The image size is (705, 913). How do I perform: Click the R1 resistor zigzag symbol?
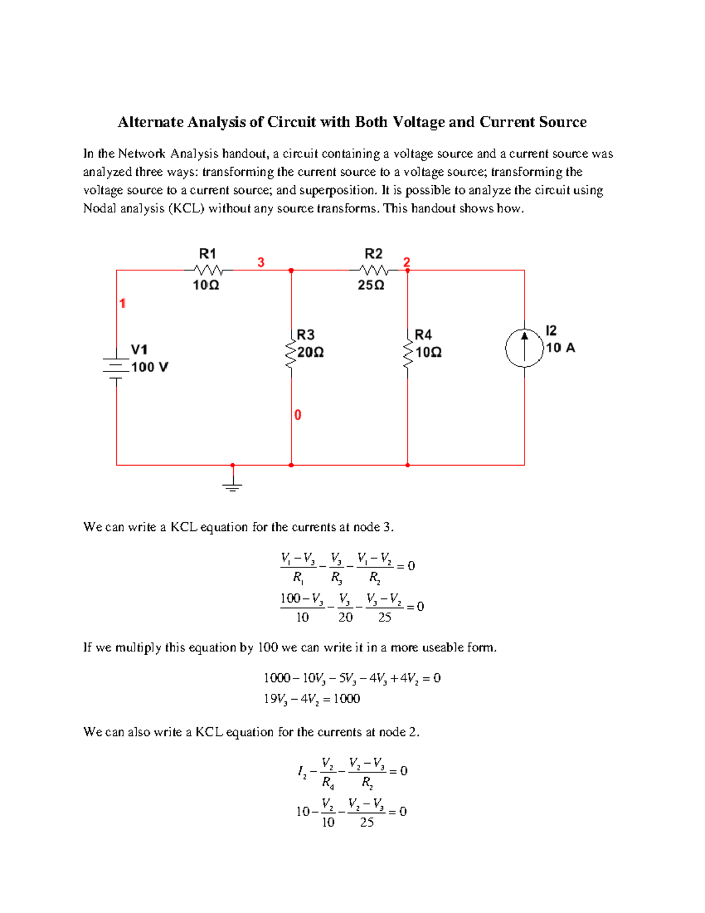point(209,270)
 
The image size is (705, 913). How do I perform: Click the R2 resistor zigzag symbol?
point(374,270)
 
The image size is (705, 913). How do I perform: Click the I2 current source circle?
point(525,348)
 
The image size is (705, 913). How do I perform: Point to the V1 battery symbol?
point(116,367)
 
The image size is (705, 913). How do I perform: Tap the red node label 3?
point(261,262)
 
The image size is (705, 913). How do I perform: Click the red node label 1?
point(122,303)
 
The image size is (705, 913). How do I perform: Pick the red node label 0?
point(298,415)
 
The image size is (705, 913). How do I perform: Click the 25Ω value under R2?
point(371,285)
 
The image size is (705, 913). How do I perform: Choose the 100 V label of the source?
point(149,367)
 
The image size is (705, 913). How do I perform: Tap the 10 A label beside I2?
point(560,348)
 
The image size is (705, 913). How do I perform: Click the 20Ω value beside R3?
point(311,353)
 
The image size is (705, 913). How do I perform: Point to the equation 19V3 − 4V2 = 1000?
point(311,699)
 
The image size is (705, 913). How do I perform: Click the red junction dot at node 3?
point(291,270)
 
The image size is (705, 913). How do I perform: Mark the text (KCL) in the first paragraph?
point(186,209)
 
